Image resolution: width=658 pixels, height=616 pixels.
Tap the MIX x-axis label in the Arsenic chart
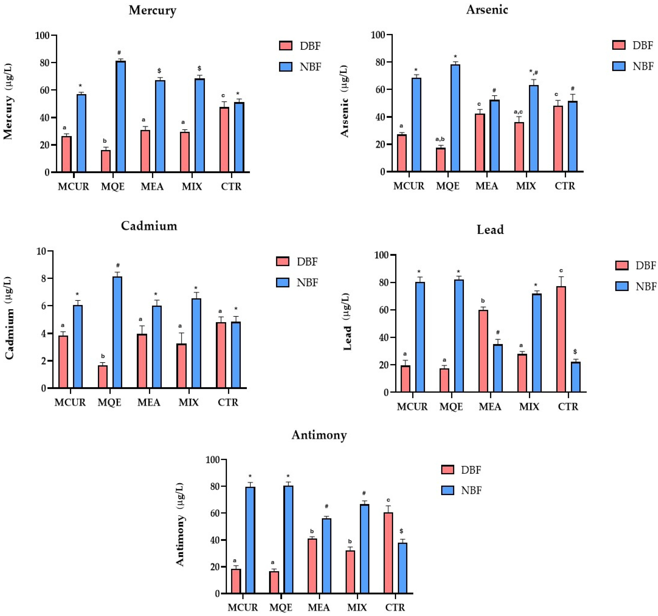(526, 186)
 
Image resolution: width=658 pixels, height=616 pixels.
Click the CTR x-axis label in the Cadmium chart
(228, 403)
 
